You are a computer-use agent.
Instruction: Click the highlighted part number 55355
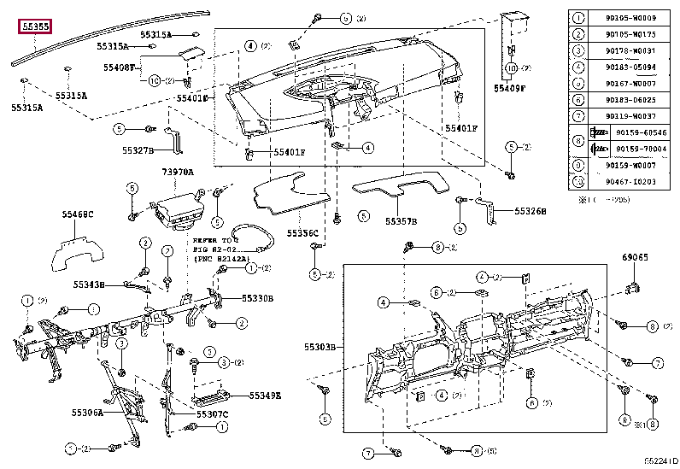click(36, 26)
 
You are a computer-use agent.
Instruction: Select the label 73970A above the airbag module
click(178, 173)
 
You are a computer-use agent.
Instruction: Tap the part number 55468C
click(78, 214)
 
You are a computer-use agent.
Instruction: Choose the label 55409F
click(510, 86)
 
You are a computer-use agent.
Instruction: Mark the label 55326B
click(530, 210)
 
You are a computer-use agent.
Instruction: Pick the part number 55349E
click(266, 396)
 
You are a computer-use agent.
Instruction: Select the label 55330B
click(257, 299)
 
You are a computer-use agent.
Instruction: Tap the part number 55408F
click(120, 66)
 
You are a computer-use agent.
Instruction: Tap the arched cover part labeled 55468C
click(78, 248)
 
